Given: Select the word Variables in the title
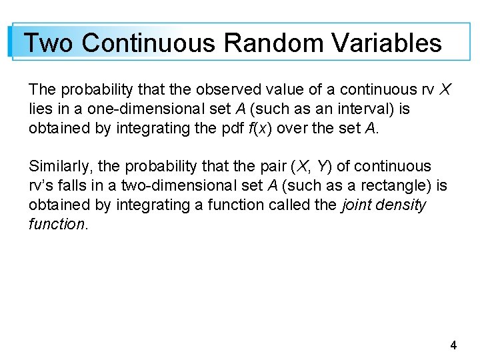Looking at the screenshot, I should click(x=387, y=43).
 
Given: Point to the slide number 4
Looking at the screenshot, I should click(x=453, y=345).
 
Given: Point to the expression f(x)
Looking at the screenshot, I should click(x=243, y=128).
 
